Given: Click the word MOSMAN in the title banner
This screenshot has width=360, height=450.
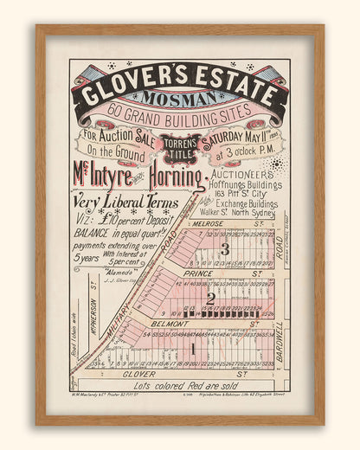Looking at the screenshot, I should (178, 100).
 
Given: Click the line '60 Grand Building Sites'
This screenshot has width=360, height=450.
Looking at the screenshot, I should (179, 118).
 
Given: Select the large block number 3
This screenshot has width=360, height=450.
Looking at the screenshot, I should (223, 249).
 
